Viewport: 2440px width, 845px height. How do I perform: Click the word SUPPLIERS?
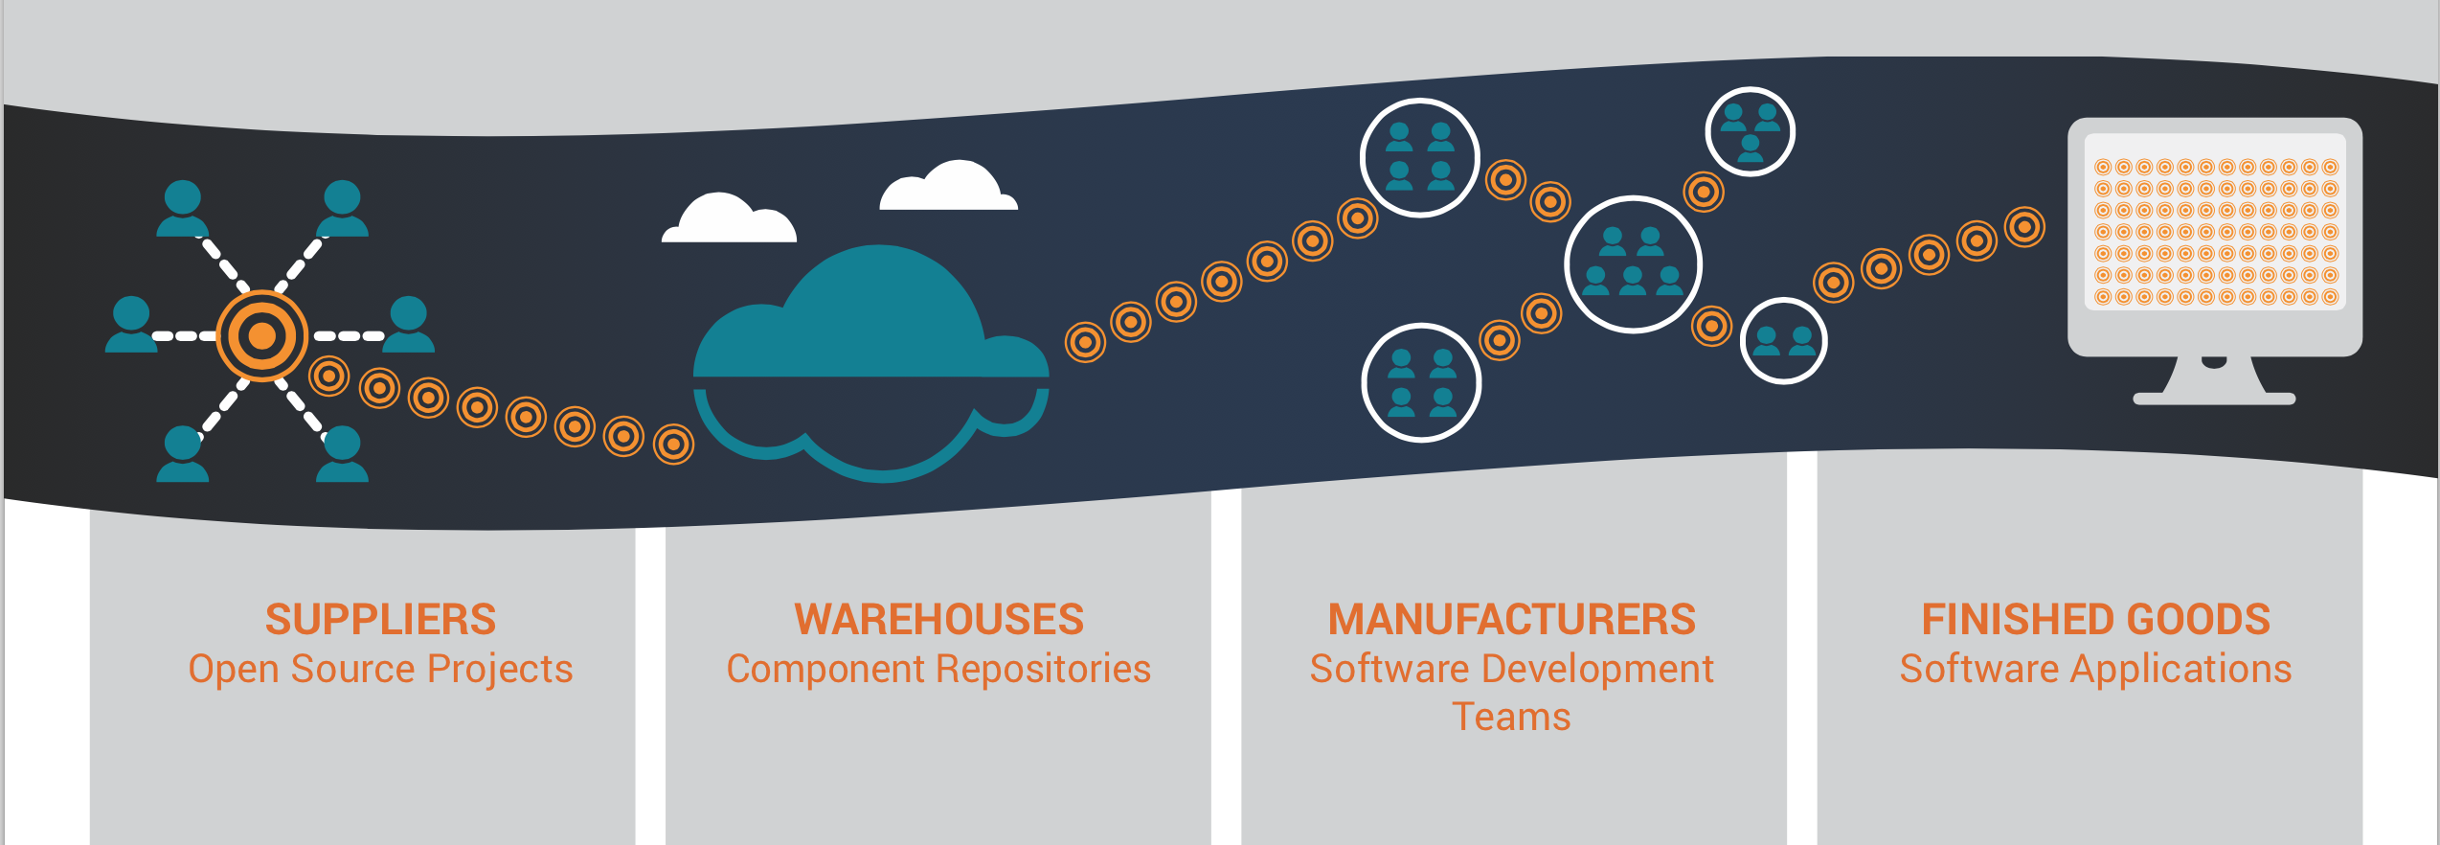click(x=380, y=620)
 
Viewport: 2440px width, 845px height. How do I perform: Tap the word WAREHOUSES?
click(x=938, y=620)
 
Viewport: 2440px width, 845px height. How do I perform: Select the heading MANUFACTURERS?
click(x=1511, y=620)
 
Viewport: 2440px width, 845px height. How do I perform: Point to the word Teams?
click(x=1511, y=717)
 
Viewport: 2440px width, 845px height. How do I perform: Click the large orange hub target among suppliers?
click(x=261, y=336)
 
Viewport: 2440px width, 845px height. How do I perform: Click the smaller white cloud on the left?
click(x=728, y=220)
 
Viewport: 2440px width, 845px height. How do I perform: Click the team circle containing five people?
click(x=1633, y=264)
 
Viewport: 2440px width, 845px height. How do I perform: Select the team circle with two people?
click(x=1783, y=341)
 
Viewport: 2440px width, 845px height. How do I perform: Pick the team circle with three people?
click(x=1750, y=131)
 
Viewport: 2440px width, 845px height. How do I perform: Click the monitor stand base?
click(x=2214, y=398)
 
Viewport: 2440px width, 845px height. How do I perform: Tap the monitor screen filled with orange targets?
click(x=2215, y=232)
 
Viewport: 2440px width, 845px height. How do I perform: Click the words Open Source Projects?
click(x=380, y=669)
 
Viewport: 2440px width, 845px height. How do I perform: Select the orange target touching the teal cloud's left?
click(x=673, y=444)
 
